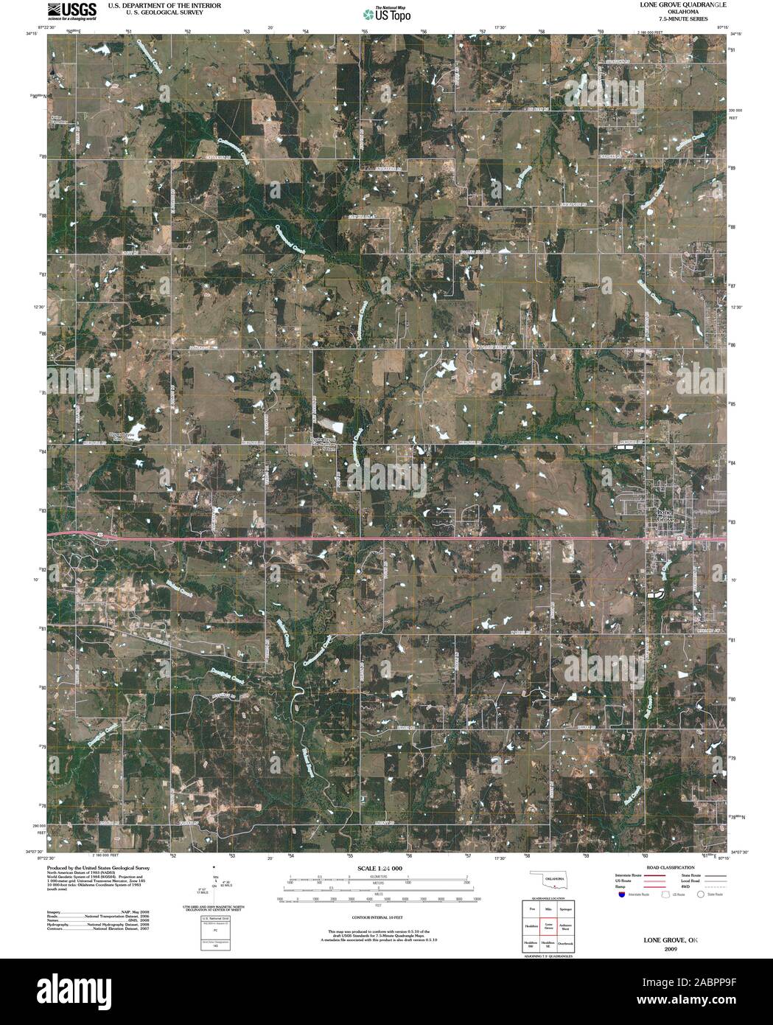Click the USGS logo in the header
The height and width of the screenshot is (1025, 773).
[71, 10]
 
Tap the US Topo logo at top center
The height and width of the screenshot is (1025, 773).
[386, 13]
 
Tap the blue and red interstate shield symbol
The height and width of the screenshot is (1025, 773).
[621, 894]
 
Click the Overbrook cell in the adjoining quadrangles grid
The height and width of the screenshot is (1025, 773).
[566, 943]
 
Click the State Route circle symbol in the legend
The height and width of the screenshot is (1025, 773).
[702, 894]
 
